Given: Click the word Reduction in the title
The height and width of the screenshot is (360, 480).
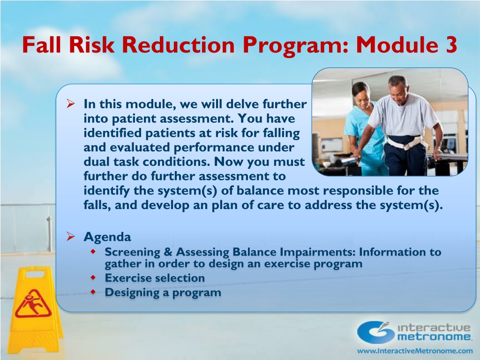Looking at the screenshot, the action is click(x=178, y=45).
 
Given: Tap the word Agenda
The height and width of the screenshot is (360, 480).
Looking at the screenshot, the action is click(x=107, y=237).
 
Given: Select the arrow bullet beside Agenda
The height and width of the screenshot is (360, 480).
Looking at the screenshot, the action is click(x=70, y=236).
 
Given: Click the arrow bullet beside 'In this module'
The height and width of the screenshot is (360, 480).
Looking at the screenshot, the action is click(x=70, y=104).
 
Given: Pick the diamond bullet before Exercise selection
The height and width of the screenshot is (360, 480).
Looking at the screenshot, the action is click(x=93, y=277).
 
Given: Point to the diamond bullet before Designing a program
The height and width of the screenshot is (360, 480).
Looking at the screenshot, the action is click(x=93, y=292).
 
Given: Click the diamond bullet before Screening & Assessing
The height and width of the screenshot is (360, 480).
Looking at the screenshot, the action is click(x=93, y=252).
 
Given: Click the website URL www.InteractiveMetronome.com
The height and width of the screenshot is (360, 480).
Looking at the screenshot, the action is click(x=415, y=351).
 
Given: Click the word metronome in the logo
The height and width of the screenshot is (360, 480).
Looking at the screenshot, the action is click(x=434, y=337).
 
